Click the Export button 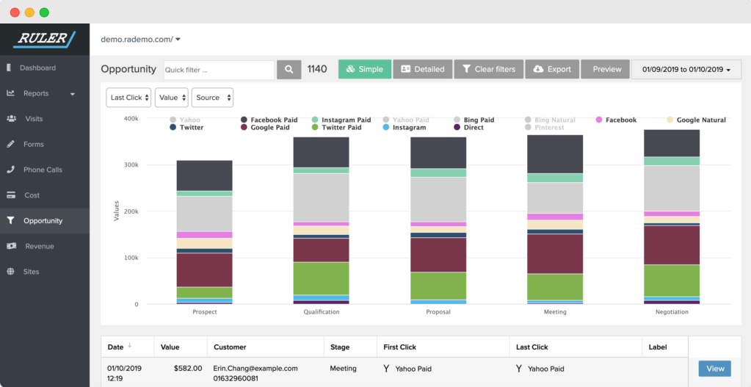point(552,69)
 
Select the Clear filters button point(488,69)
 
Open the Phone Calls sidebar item point(43,170)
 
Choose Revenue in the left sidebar point(39,246)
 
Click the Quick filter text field point(218,70)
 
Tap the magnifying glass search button point(289,69)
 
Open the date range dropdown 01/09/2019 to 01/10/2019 point(686,69)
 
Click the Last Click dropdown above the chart point(129,98)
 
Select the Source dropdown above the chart point(212,98)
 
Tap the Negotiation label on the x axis point(671,312)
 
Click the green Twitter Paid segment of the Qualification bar point(321,278)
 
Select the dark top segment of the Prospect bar point(204,176)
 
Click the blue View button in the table point(714,369)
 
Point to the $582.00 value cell point(188,369)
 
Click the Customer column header point(230,347)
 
